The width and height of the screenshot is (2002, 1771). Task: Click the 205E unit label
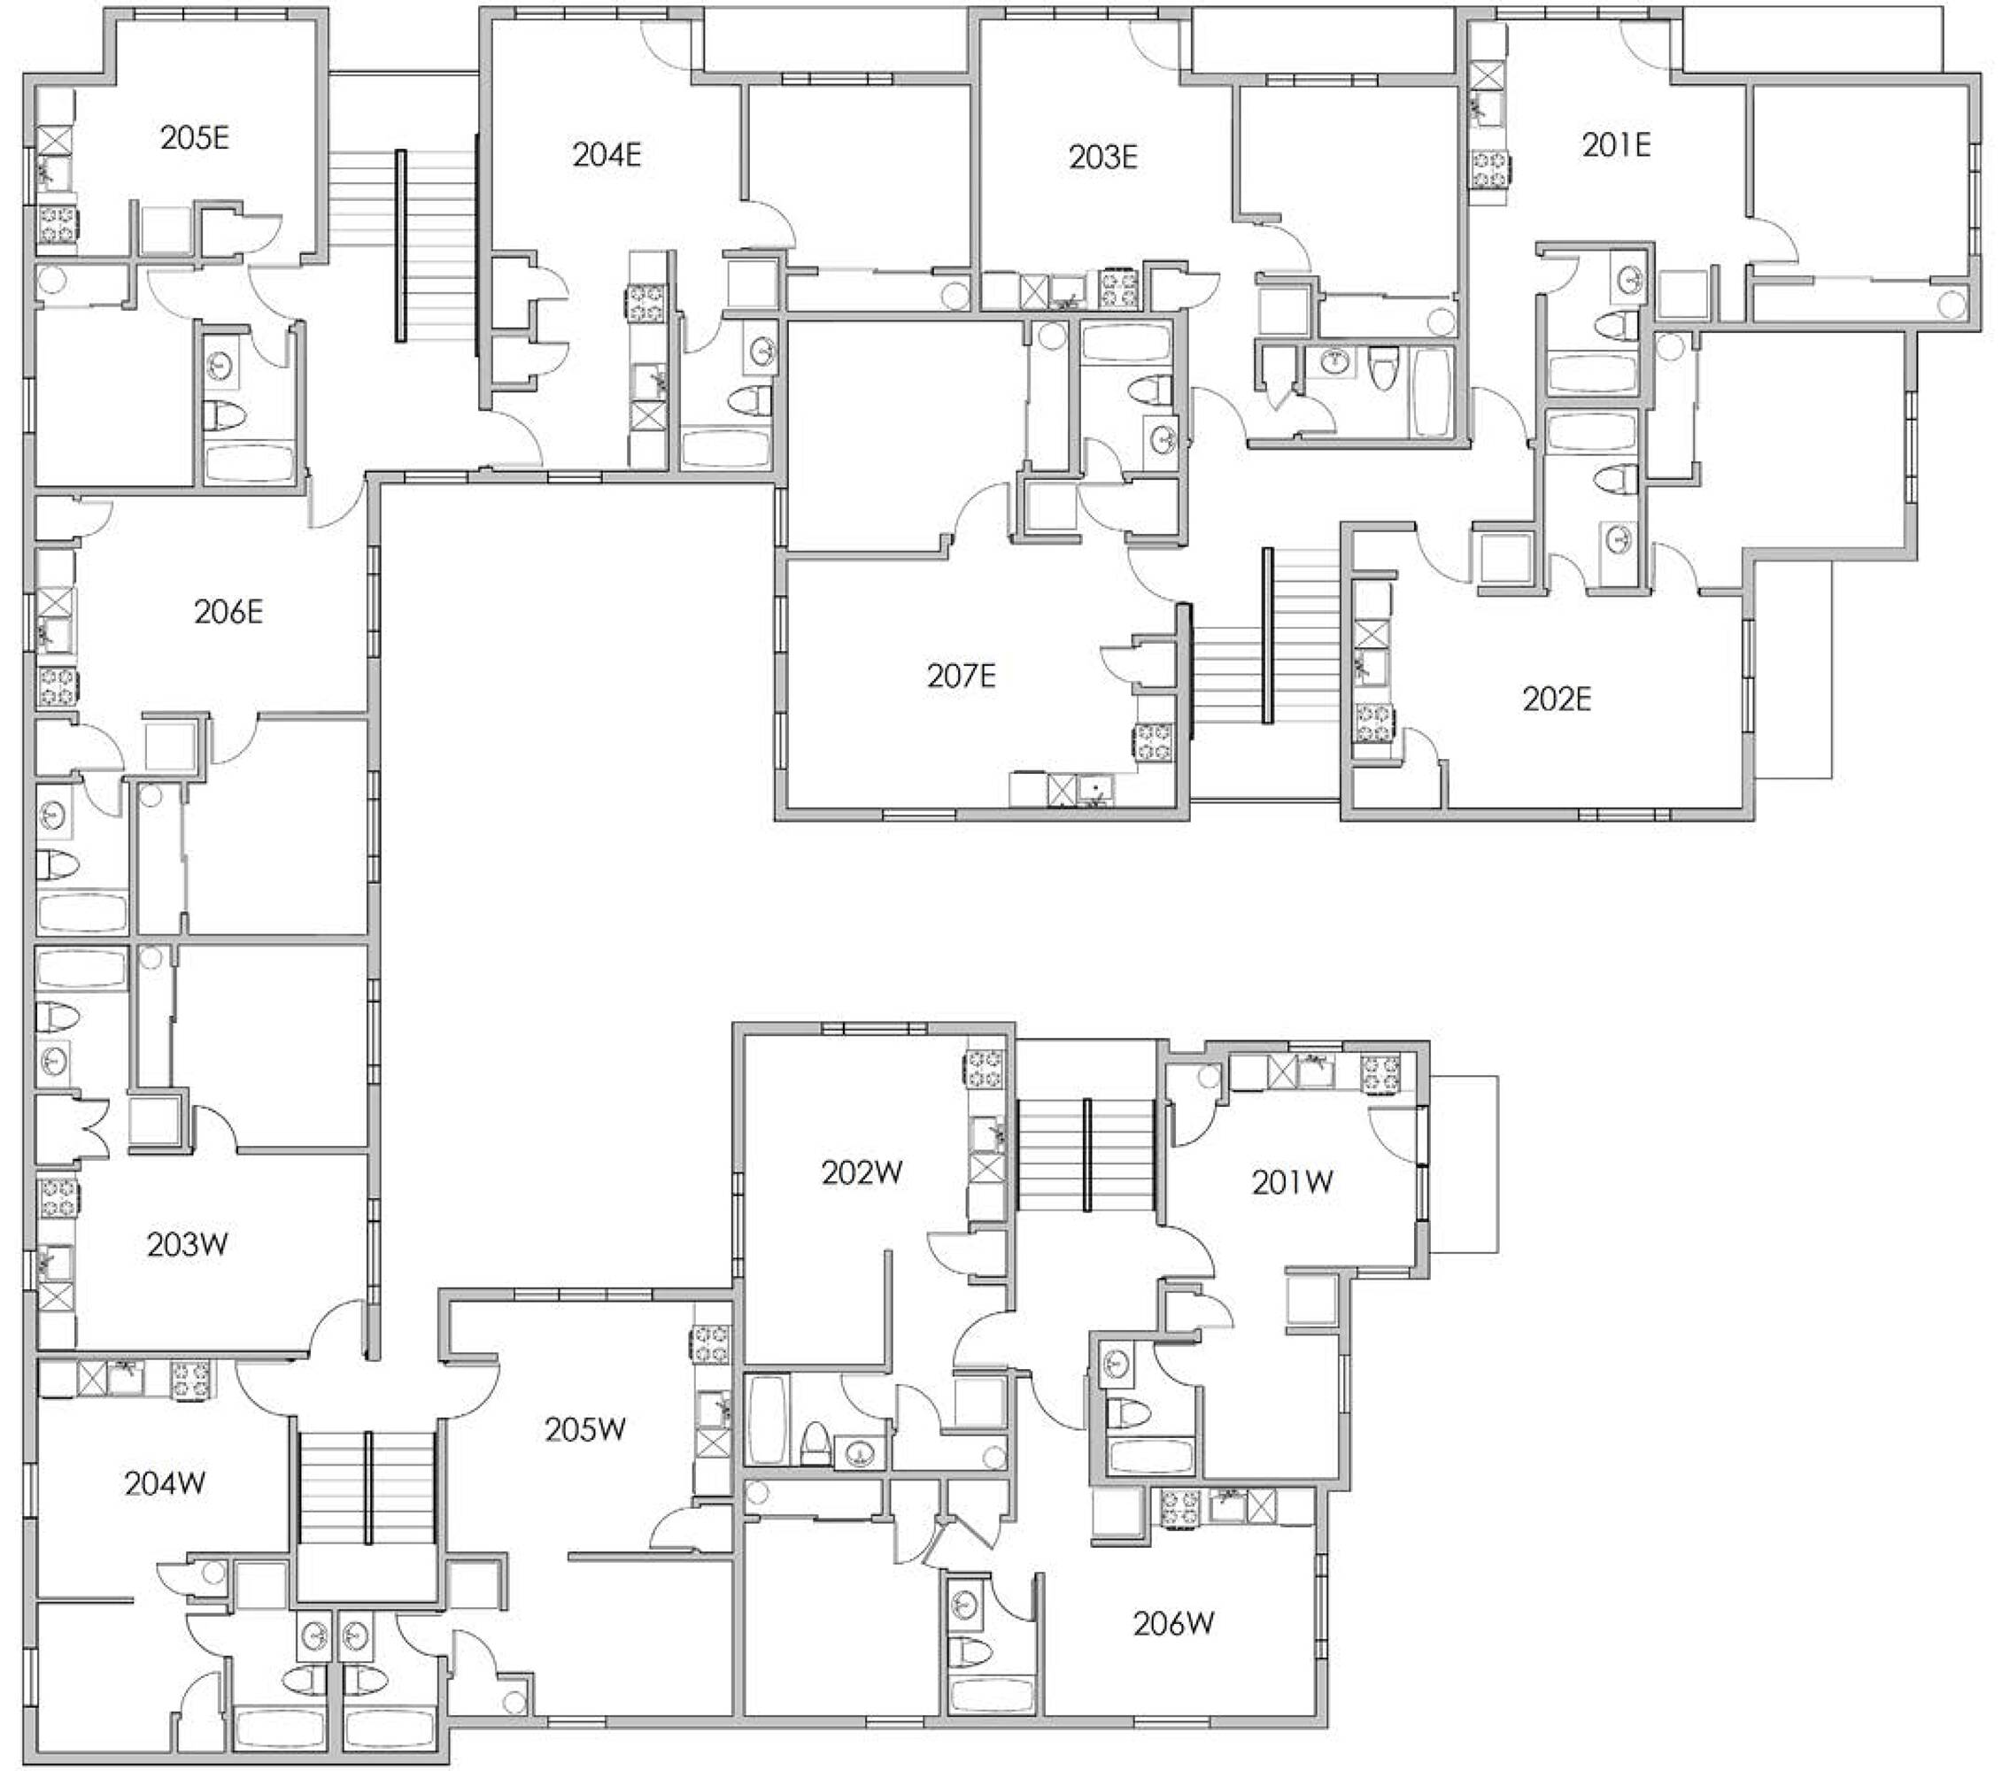195,138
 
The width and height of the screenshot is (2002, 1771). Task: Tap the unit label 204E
607,155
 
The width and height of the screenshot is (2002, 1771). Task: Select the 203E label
1104,157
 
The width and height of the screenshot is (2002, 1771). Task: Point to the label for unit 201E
1616,145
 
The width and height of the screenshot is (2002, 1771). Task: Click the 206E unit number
228,612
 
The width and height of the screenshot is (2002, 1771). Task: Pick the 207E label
961,675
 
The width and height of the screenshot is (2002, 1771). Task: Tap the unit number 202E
1557,700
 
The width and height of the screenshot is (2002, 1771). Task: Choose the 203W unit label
188,1245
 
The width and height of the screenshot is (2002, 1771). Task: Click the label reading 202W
862,1172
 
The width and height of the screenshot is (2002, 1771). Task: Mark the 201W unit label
1292,1182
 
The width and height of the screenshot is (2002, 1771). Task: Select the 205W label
584,1430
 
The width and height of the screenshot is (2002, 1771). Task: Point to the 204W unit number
165,1484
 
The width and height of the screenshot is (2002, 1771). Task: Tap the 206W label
1173,1624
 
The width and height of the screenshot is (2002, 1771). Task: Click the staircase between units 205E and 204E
402,245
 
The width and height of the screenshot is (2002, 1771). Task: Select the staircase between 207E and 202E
1266,637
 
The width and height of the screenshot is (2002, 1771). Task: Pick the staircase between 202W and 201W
1087,1156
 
